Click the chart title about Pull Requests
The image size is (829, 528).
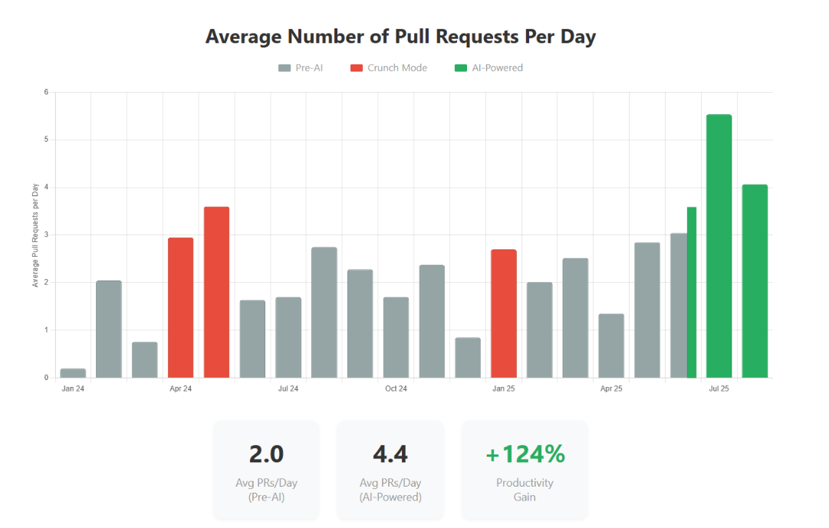(x=400, y=37)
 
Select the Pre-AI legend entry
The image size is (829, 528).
(x=301, y=67)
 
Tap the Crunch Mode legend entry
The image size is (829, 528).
(x=389, y=67)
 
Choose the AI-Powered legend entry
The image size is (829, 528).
(x=489, y=67)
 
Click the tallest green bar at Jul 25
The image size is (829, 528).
(x=719, y=246)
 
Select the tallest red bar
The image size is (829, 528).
(x=216, y=292)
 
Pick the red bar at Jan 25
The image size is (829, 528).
(x=504, y=313)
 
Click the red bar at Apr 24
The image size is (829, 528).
(x=180, y=307)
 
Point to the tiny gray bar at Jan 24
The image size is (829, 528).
(x=73, y=373)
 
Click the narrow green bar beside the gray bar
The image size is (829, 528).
(x=692, y=292)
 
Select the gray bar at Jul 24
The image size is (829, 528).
(x=288, y=337)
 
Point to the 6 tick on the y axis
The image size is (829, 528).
(x=46, y=92)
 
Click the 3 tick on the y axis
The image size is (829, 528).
(x=46, y=234)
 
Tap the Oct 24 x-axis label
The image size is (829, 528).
(x=396, y=389)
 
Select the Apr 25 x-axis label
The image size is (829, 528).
(x=611, y=389)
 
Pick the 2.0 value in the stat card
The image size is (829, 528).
(x=266, y=454)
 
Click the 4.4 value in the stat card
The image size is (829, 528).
(x=390, y=454)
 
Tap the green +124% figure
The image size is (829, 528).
(x=525, y=454)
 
